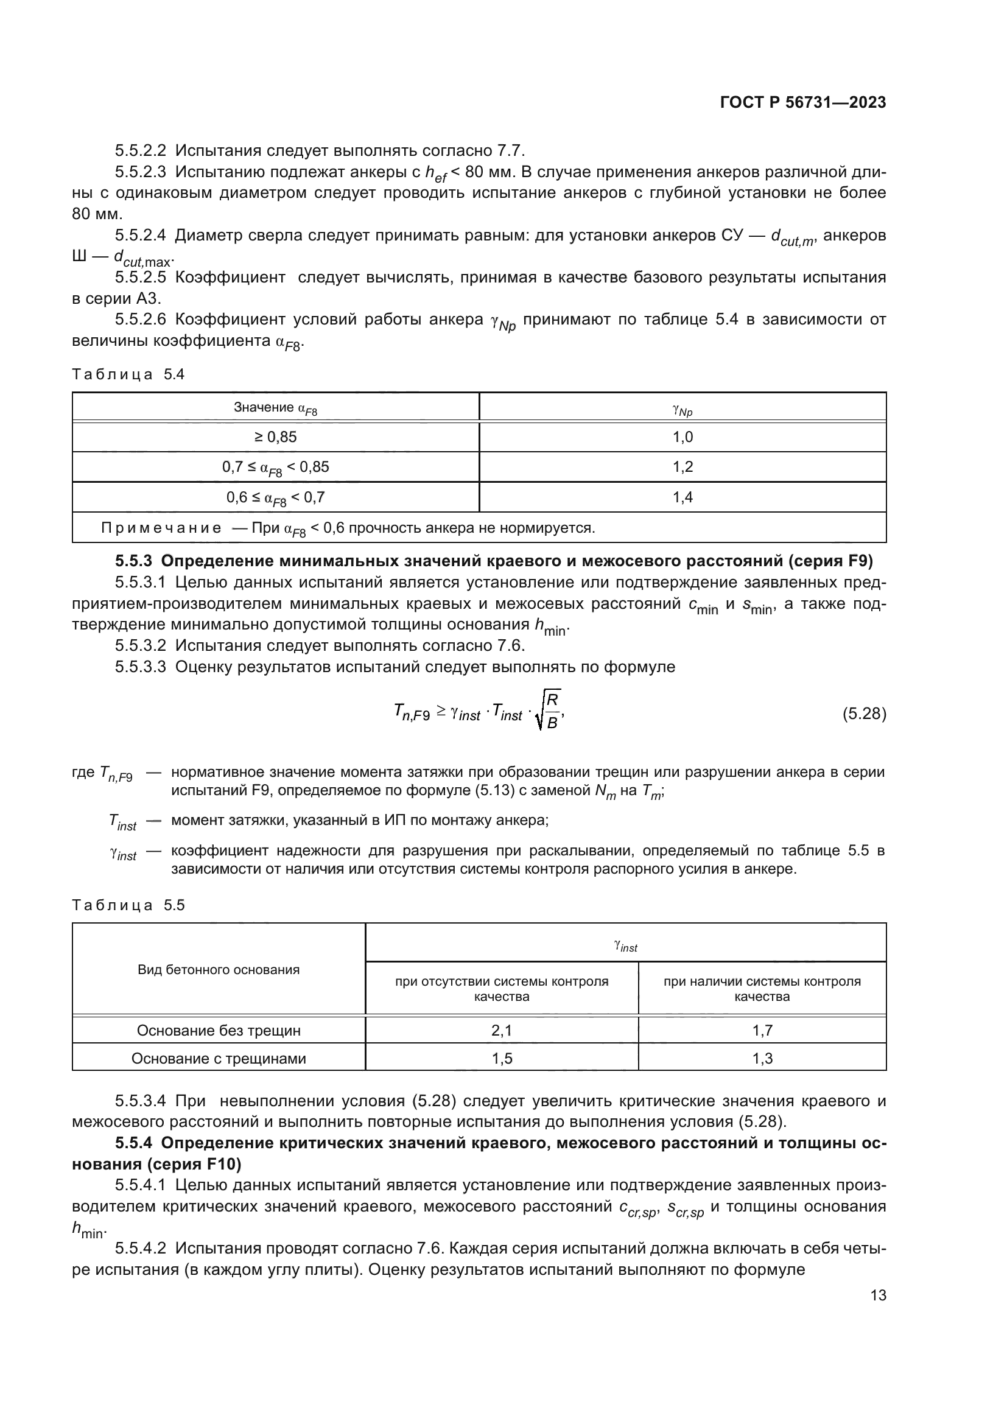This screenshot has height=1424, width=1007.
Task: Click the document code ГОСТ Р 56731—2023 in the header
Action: click(x=802, y=103)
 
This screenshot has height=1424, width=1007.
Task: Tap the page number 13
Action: click(x=878, y=1295)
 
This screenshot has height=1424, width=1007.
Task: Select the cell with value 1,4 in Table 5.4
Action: click(x=682, y=497)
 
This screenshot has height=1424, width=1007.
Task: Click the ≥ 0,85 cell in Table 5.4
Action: click(x=275, y=437)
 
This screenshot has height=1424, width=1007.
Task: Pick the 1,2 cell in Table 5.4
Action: click(x=682, y=466)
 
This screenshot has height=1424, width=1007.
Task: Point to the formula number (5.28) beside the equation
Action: click(x=864, y=714)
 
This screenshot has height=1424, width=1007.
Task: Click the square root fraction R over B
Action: click(x=551, y=711)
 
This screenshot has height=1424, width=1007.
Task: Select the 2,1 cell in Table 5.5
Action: click(x=501, y=1030)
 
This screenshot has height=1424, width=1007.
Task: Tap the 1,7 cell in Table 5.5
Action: click(x=762, y=1030)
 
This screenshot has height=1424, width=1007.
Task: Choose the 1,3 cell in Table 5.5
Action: click(x=762, y=1058)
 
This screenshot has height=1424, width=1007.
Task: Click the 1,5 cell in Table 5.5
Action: click(x=501, y=1058)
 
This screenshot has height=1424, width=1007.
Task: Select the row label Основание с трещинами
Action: click(x=219, y=1058)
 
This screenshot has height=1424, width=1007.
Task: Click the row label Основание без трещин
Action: click(x=219, y=1030)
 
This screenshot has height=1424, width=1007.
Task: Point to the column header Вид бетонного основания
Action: click(x=219, y=970)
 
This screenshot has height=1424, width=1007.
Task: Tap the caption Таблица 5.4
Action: click(x=128, y=374)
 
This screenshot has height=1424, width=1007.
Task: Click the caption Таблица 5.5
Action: click(x=128, y=905)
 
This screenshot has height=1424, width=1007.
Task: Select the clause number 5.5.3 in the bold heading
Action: click(x=133, y=561)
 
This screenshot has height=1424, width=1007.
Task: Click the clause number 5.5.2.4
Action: click(x=140, y=236)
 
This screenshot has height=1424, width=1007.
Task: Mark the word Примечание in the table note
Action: click(x=161, y=528)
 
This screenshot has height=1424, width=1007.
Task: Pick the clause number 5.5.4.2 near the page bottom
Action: click(x=140, y=1248)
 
